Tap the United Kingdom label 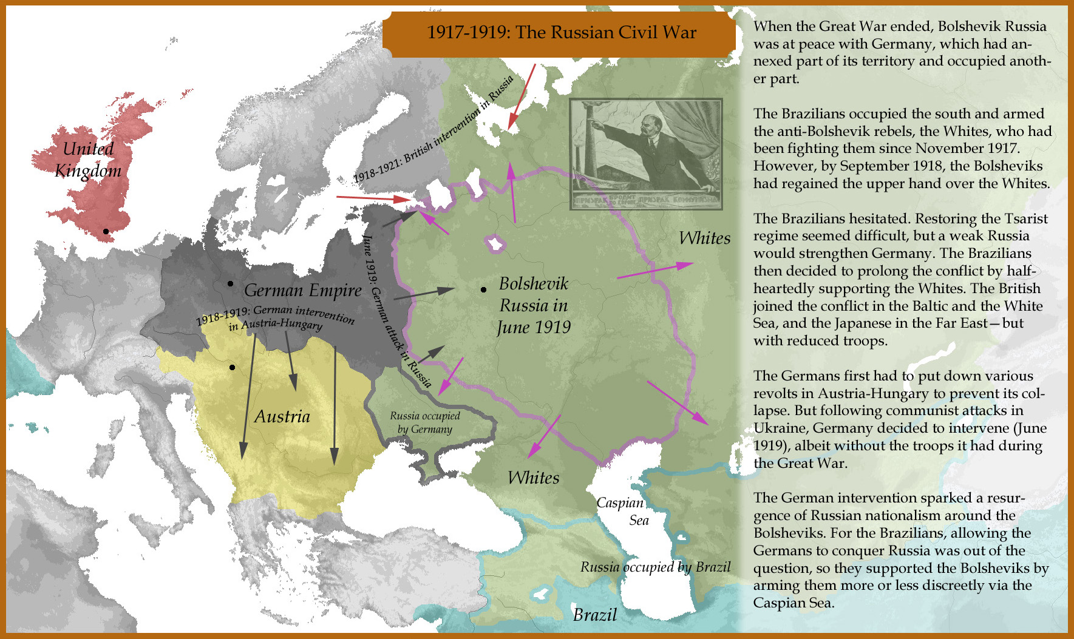(89, 160)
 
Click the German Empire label (302, 291)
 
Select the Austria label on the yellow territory (282, 416)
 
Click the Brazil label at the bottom (594, 615)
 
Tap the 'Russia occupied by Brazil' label (655, 567)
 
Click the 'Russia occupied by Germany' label (424, 422)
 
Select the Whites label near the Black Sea (533, 478)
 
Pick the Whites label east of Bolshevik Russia (704, 238)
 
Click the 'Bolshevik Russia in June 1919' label (534, 305)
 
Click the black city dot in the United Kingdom (106, 231)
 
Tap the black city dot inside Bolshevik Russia (483, 290)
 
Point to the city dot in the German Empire (230, 283)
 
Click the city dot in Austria (233, 367)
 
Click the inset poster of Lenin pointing (646, 154)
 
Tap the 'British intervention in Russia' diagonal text (433, 129)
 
